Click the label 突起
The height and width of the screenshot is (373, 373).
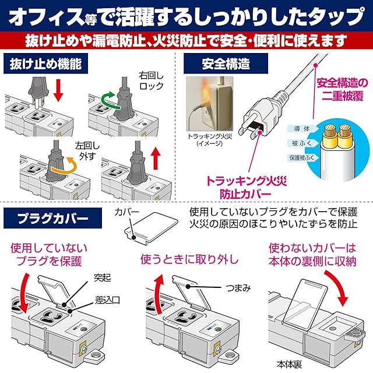click(x=93, y=278)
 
